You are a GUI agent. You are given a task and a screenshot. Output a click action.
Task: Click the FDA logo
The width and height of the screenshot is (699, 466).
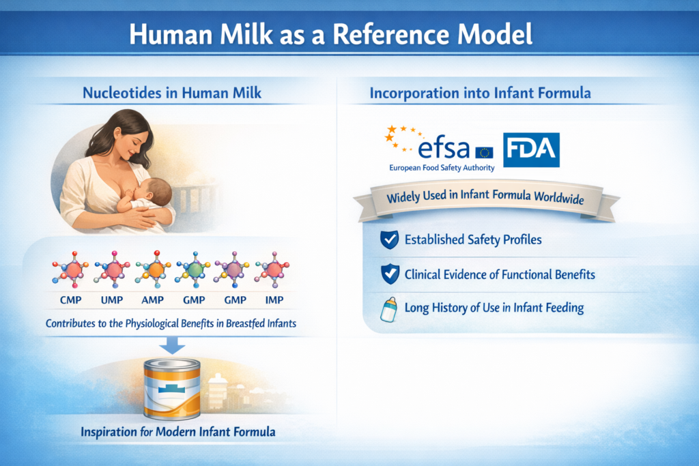coord(531,150)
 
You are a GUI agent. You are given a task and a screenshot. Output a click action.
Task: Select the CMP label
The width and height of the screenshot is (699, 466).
coord(70,299)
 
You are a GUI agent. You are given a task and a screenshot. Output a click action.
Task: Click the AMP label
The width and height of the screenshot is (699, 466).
coord(154,299)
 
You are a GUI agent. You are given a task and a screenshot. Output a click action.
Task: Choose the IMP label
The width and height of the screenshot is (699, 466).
coord(272,299)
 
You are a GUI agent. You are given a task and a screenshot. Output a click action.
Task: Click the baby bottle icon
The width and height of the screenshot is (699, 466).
coord(388,308)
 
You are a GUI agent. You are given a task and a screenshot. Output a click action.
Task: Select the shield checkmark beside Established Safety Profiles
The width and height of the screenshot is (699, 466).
coord(388,240)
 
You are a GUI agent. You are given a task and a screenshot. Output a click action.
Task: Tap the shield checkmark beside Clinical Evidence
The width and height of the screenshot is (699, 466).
coord(388,274)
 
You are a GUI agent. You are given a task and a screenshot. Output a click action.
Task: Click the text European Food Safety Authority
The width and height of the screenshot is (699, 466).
coord(442,168)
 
